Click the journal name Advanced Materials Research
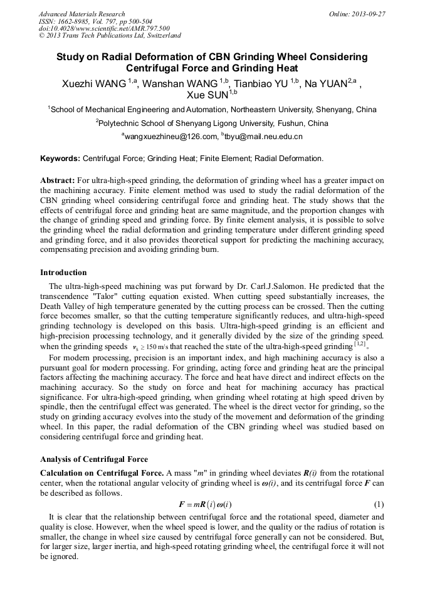coord(81,14)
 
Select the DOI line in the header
coord(104,28)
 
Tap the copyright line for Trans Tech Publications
coord(110,36)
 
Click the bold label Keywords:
coord(60,159)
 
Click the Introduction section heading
coord(63,273)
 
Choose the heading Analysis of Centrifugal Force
coord(94,459)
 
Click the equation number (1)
coord(379,504)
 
